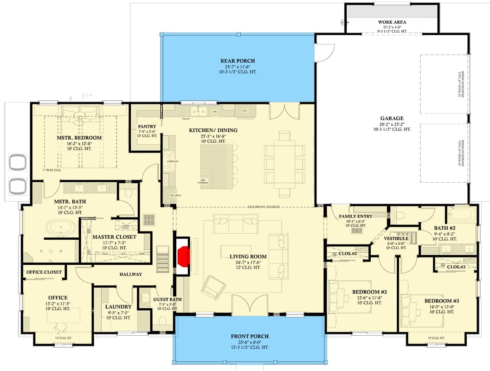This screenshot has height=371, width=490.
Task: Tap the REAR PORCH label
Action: click(238, 61)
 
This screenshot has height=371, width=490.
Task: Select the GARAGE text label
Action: click(392, 118)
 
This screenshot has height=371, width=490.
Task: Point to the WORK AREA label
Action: click(392, 22)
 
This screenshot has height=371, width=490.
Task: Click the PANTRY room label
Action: click(147, 126)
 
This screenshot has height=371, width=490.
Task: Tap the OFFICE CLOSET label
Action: click(45, 272)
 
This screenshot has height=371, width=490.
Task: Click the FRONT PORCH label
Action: click(250, 336)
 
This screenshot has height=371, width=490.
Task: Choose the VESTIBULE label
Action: click(396, 238)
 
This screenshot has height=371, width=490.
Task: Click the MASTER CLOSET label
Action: click(114, 237)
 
